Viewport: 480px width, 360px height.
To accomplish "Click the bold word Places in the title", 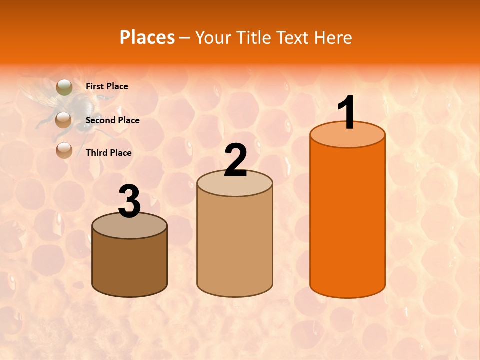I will [x=147, y=37].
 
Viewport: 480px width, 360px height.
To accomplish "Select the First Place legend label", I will [x=107, y=86].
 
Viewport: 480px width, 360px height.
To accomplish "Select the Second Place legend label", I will [x=112, y=120].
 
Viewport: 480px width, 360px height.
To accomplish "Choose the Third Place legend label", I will [x=108, y=153].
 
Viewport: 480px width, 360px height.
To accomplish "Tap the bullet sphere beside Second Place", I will [x=63, y=119].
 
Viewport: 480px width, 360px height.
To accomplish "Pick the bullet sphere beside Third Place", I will [x=64, y=151].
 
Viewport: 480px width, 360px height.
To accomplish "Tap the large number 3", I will [x=130, y=202].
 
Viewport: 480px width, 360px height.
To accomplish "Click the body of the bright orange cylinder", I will [x=347, y=220].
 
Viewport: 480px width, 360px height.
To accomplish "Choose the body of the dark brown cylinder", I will [x=130, y=265].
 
